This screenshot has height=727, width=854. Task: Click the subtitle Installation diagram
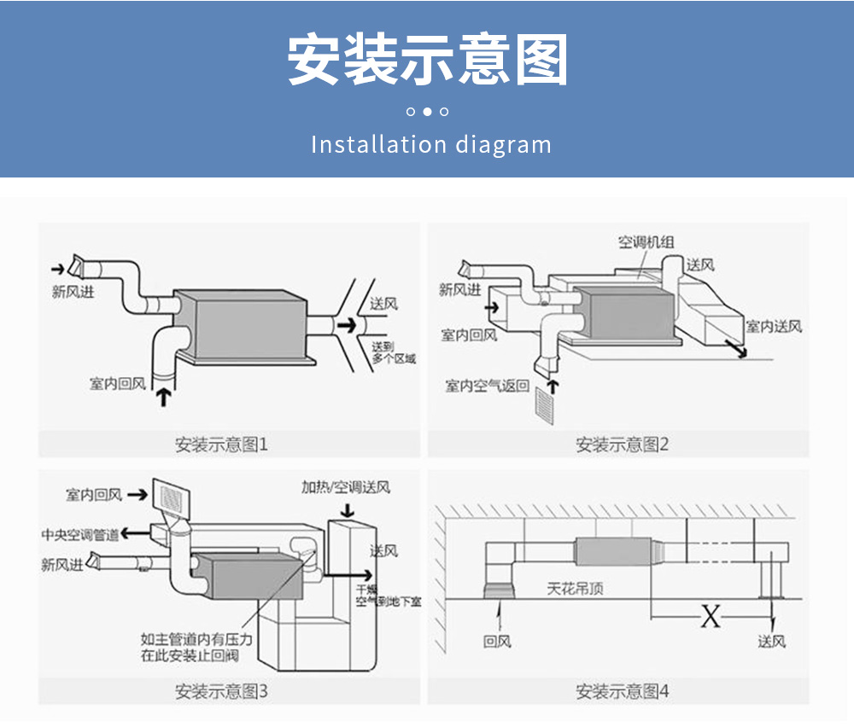point(430,144)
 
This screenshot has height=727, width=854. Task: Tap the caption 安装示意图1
point(221,445)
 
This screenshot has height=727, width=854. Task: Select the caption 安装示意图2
point(622,445)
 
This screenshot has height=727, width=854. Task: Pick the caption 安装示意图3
point(221,691)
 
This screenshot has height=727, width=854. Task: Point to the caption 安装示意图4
point(622,691)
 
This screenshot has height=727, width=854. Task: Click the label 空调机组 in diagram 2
point(646,242)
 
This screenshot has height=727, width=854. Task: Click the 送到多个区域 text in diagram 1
point(394,352)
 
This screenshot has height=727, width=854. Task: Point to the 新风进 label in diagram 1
point(73,293)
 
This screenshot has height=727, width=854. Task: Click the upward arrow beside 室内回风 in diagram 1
point(162,396)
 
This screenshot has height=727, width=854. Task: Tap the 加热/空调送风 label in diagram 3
point(345,487)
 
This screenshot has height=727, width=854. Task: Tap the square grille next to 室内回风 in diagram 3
point(168,495)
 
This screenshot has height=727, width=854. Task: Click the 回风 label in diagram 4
point(497,641)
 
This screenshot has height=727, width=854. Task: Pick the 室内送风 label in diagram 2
point(774,327)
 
